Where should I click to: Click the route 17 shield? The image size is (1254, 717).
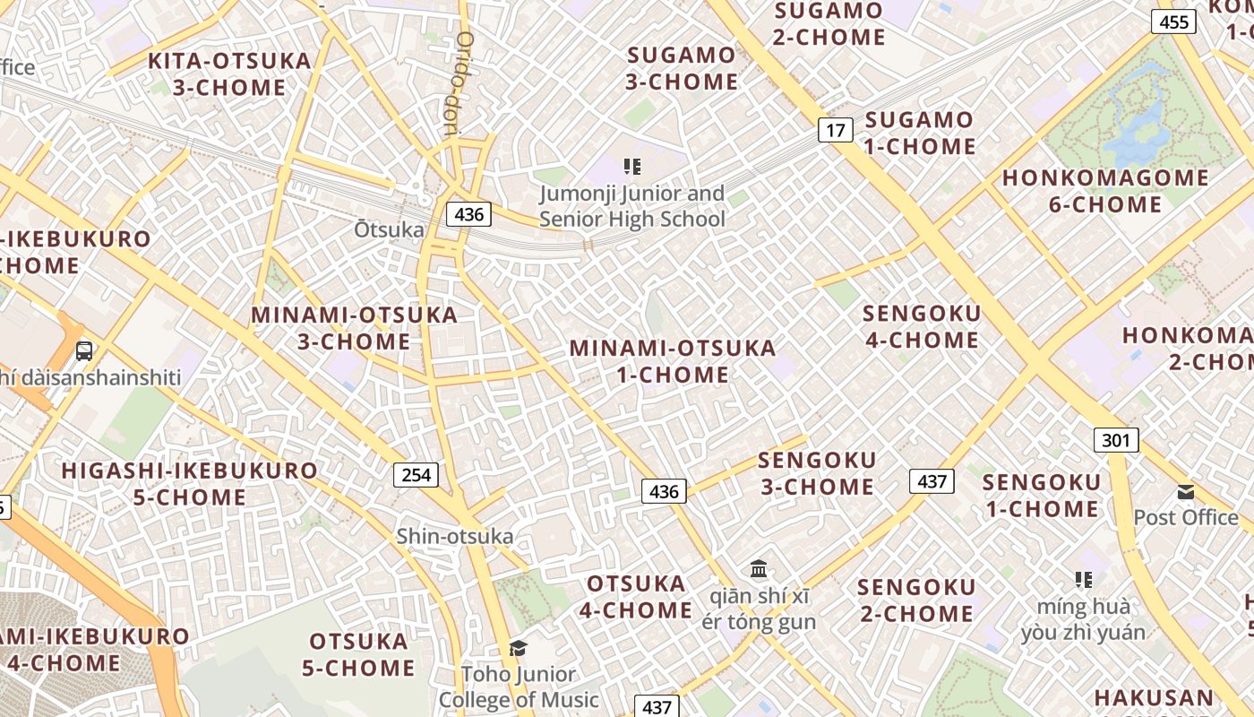(835, 131)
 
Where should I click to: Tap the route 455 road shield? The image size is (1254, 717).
(1174, 22)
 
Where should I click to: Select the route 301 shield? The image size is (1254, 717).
(1116, 440)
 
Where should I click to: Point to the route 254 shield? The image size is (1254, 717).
(417, 474)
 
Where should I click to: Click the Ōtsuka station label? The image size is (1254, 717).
(389, 229)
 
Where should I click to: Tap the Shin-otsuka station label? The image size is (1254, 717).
(455, 536)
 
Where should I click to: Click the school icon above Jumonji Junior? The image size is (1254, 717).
(631, 167)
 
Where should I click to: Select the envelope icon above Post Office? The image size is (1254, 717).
(1186, 491)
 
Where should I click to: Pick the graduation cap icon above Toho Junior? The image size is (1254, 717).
(518, 648)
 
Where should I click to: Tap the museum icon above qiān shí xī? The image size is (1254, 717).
(760, 568)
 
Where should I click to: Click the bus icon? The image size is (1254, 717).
(84, 350)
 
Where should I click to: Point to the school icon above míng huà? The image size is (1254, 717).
(1083, 580)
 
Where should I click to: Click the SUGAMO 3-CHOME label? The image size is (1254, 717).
(683, 68)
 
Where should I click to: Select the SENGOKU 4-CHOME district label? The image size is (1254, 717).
(921, 327)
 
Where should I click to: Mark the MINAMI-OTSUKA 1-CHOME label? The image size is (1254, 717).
(673, 361)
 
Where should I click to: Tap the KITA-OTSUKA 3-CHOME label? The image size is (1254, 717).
(229, 74)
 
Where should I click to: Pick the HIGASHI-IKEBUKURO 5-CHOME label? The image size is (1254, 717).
(189, 483)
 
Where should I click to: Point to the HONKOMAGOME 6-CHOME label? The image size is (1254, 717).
(1105, 191)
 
